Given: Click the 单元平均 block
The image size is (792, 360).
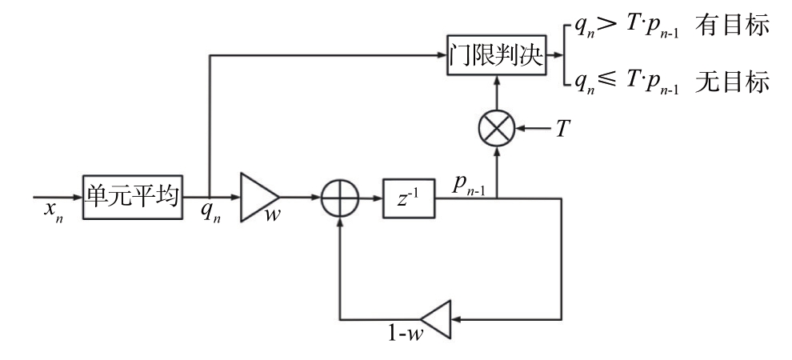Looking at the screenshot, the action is click(132, 197).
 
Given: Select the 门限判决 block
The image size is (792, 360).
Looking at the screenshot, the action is click(497, 55).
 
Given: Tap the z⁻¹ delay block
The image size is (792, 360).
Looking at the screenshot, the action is click(409, 198).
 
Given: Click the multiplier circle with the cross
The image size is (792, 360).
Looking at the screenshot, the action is click(497, 128).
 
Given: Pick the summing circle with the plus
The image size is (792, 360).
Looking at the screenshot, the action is click(341, 198).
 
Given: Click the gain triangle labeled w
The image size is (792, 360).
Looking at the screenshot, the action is click(258, 198).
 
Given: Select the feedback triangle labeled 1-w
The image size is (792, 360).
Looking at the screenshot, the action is click(436, 319).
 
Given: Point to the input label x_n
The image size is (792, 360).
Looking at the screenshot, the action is click(53, 210).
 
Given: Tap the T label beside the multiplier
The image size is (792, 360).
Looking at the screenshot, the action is click(563, 130).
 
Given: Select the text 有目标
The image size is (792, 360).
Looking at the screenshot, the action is click(732, 26).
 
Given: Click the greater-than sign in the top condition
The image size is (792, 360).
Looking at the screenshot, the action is click(608, 26).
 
